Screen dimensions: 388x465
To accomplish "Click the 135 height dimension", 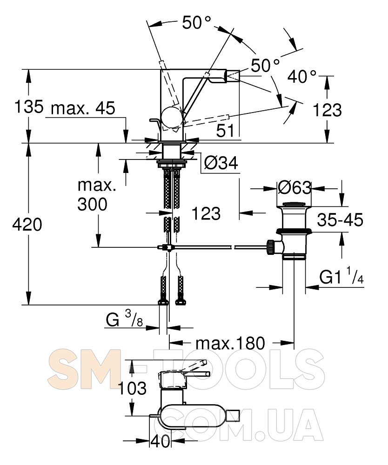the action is pos(29,107).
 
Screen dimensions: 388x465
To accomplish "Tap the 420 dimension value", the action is pos(27,225).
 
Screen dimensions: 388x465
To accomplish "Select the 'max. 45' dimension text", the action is pos(83,108).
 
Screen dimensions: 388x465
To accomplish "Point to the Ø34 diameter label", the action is pos(221,163).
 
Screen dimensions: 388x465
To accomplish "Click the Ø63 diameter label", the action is pos(295,188).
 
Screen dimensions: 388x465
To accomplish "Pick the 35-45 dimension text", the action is pos(340,220).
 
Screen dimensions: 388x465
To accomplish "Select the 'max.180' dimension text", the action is pos(230,344).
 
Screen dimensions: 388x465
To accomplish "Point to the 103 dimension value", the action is pos(132,388).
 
